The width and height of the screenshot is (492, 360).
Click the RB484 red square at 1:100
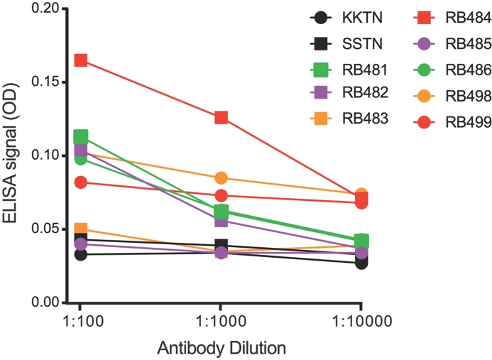point(80,60)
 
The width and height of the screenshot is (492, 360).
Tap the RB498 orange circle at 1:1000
point(221,178)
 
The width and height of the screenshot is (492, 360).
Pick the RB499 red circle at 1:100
point(80,182)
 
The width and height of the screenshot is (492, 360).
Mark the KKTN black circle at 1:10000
point(361,263)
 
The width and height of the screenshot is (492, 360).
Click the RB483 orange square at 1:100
point(80,229)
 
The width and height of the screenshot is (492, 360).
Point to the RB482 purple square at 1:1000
point(221,221)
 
